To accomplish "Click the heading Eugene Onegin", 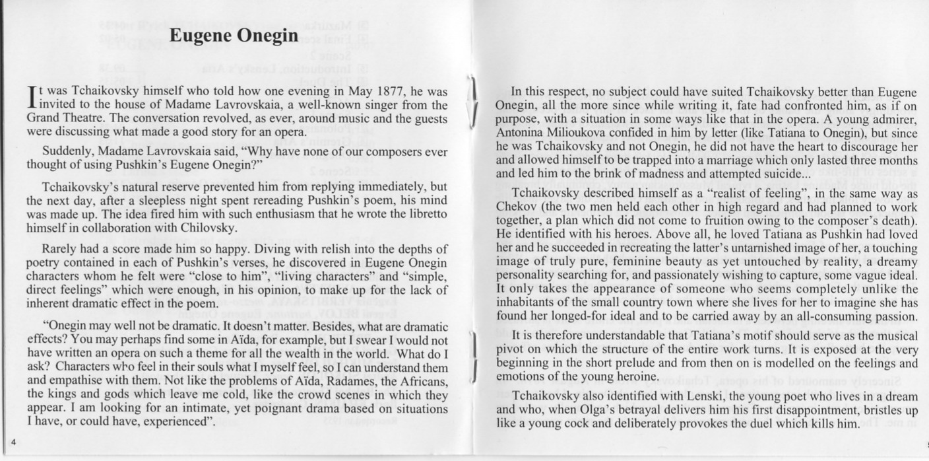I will coord(234,36).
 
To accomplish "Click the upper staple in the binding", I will coord(472,100).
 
